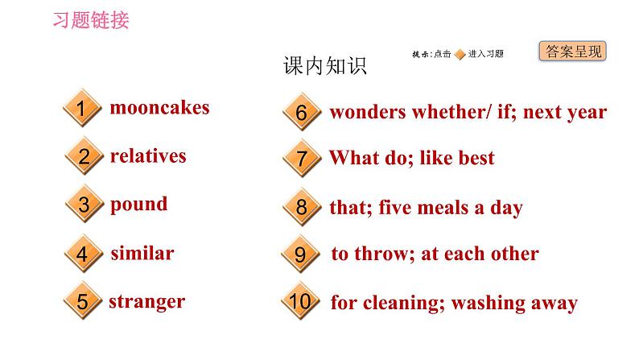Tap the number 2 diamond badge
click(84, 157)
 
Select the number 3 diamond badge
click(84, 205)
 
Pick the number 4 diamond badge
click(82, 254)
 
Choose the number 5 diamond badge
click(82, 303)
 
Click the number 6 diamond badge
click(301, 113)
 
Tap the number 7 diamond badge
click(301, 159)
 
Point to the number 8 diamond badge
click(301, 208)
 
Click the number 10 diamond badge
click(299, 303)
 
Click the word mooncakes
click(159, 107)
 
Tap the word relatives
click(148, 155)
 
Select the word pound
click(139, 204)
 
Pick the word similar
click(142, 253)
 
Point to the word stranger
click(146, 302)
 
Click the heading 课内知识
click(324, 66)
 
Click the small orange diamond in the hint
click(460, 54)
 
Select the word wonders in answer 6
click(367, 112)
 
